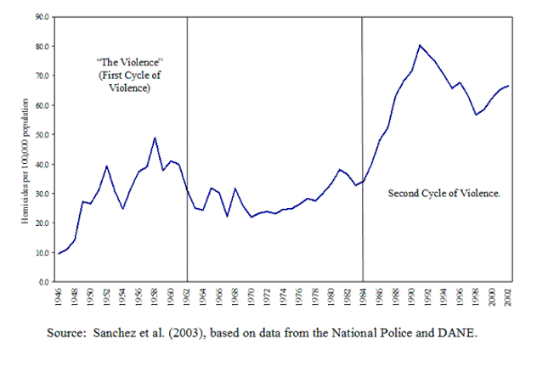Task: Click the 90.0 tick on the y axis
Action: [40, 16]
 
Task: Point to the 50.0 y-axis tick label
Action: [40, 134]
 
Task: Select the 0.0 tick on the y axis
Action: [42, 281]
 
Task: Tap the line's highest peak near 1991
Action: [420, 45]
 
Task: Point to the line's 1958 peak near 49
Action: [155, 138]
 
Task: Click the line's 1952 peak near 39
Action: [106, 166]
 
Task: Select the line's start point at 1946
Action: [59, 253]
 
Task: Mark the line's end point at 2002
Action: [508, 86]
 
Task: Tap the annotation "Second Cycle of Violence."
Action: [444, 194]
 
